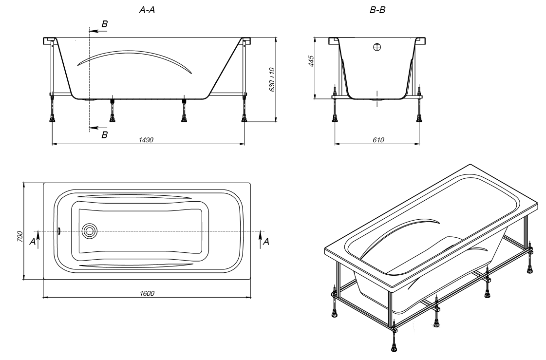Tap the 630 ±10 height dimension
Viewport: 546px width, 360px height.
[x=272, y=79]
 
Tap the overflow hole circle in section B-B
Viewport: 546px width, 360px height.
[x=377, y=47]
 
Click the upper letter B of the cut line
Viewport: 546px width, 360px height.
[x=104, y=23]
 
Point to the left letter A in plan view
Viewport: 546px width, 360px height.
[x=32, y=241]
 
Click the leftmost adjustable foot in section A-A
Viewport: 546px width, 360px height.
[x=52, y=117]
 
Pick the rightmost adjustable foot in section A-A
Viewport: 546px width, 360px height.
[x=244, y=117]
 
